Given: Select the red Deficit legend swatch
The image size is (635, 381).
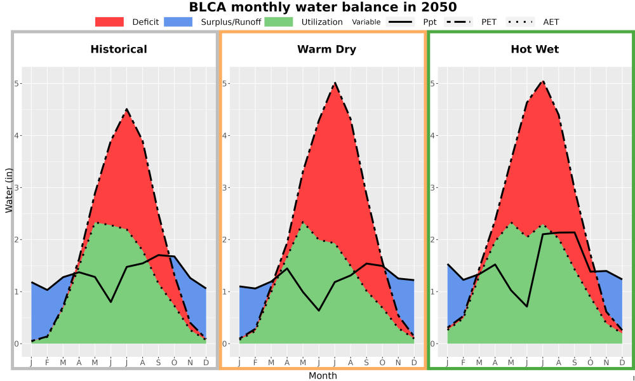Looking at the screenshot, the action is tap(109, 22).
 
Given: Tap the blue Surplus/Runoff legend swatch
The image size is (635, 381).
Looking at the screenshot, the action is tap(178, 22).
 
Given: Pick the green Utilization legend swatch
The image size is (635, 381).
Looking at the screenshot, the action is tap(279, 22).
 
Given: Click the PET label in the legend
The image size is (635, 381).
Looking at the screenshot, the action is tap(489, 22).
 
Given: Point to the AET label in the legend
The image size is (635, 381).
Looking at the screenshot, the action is tap(551, 22).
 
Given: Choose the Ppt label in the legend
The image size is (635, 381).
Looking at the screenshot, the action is tap(430, 22).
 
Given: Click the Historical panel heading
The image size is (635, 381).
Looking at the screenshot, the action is tap(119, 50).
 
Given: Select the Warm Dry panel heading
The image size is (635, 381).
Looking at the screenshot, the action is tap(327, 50).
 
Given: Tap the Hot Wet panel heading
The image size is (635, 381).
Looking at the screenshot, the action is tap(535, 50).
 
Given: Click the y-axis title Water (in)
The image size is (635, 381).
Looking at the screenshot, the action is tap(9, 190).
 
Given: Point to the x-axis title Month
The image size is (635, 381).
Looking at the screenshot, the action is tap(323, 376).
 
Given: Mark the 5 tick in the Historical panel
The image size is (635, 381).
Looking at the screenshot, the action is tap(17, 83).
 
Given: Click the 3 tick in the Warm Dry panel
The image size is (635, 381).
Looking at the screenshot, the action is tap(225, 187).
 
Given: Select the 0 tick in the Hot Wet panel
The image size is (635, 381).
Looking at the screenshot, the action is tap(433, 344).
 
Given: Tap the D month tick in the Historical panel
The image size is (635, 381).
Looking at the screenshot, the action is tap(206, 363).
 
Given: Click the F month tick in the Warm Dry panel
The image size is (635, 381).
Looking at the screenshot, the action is tap(255, 363).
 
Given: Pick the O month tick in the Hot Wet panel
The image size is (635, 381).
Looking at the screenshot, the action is tap(591, 363).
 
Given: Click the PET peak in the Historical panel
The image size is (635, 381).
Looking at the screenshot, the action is tap(126, 109).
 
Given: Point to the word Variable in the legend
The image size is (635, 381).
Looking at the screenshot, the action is tap(366, 22).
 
